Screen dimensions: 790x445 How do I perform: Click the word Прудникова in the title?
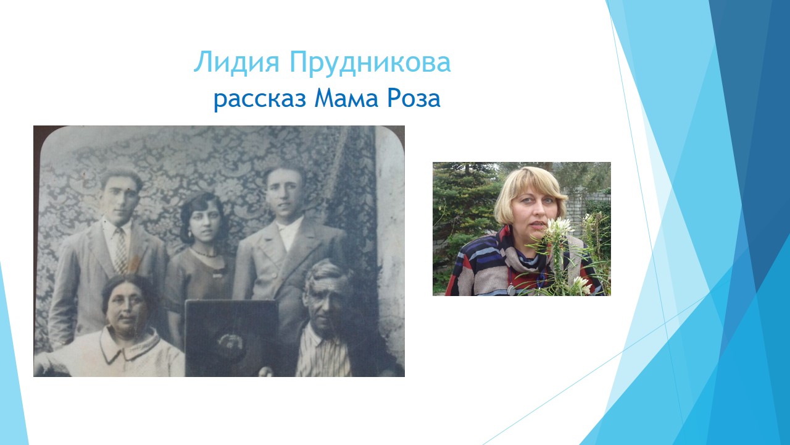click(x=370, y=64)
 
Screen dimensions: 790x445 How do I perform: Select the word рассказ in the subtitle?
click(x=260, y=100)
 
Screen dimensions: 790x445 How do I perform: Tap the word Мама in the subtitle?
click(x=346, y=98)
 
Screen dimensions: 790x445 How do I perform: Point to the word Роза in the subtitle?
click(x=414, y=98)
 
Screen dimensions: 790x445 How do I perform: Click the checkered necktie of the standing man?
click(x=122, y=250)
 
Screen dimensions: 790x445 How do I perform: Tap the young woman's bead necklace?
click(x=204, y=253)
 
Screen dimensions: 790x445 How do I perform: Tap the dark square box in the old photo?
click(x=231, y=337)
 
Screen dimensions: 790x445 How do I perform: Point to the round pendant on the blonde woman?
click(x=511, y=290)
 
